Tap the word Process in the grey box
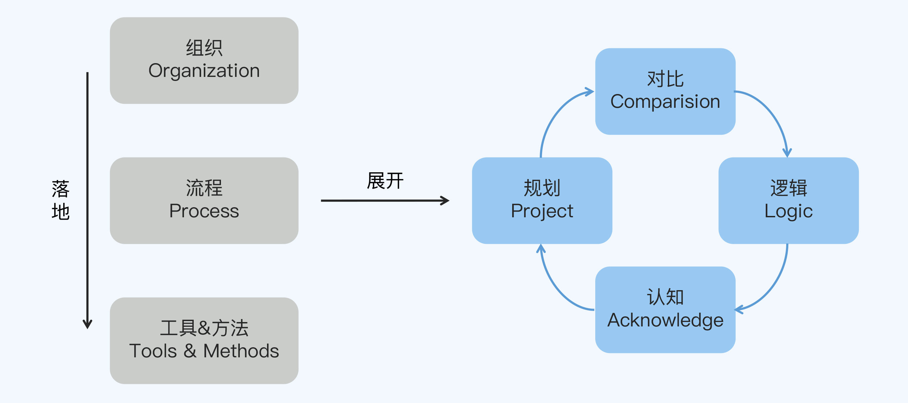coord(204,211)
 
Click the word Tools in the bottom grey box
coord(153,351)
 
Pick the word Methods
coord(241,351)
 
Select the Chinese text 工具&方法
coord(204,328)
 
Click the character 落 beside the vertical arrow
coord(61,189)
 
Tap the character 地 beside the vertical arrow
coord(61,212)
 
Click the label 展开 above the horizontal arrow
coord(385,181)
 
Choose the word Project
coord(542,212)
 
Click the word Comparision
coord(665,102)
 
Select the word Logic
coord(789,212)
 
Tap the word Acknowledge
coord(665,320)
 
